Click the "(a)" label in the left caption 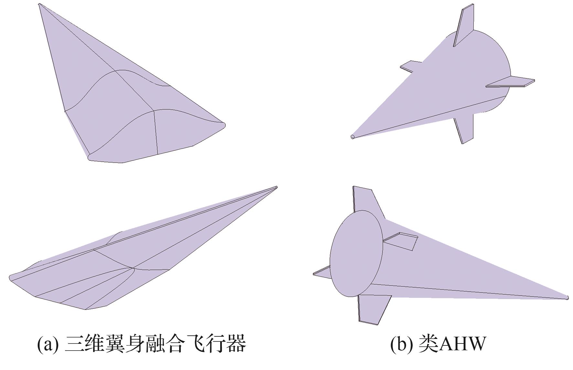[48, 344]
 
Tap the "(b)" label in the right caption [401, 344]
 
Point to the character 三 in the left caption [73, 344]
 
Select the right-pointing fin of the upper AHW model [510, 82]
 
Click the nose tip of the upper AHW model [352, 136]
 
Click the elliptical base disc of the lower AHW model [356, 253]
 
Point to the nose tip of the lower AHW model [568, 297]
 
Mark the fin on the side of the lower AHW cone [401, 241]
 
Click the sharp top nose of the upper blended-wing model [39, 4]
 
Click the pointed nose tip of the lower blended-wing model [276, 187]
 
